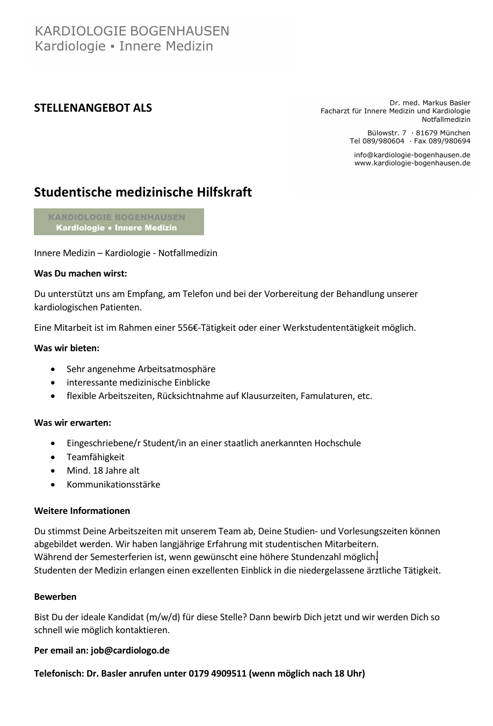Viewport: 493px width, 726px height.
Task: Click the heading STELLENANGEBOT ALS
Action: pyautogui.click(x=93, y=108)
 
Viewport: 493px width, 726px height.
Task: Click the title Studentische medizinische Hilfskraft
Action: pyautogui.click(x=143, y=192)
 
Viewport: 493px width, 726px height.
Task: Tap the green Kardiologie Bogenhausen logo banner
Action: pyautogui.click(x=119, y=222)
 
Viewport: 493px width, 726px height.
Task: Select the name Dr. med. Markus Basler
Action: pyautogui.click(x=430, y=103)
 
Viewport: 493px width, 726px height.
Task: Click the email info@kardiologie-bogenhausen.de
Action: pyautogui.click(x=412, y=155)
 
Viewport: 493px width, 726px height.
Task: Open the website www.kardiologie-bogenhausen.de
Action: pyautogui.click(x=412, y=163)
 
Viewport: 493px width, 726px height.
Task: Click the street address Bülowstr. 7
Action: pyautogui.click(x=387, y=133)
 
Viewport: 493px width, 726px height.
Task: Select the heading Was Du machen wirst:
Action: pyautogui.click(x=81, y=273)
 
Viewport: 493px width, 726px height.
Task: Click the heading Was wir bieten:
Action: pyautogui.click(x=67, y=348)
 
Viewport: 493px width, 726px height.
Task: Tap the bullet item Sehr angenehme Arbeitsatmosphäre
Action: pyautogui.click(x=141, y=369)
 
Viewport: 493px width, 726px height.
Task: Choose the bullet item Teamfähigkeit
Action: pyautogui.click(x=96, y=457)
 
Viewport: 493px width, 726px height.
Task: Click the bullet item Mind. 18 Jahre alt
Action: pyautogui.click(x=103, y=470)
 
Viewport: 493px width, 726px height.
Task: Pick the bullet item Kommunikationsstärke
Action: pyautogui.click(x=113, y=484)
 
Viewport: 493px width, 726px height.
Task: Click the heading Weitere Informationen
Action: pyautogui.click(x=82, y=511)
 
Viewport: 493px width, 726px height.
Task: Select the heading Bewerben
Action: pyautogui.click(x=55, y=597)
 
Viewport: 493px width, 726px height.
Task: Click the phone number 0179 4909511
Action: pyautogui.click(x=218, y=673)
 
